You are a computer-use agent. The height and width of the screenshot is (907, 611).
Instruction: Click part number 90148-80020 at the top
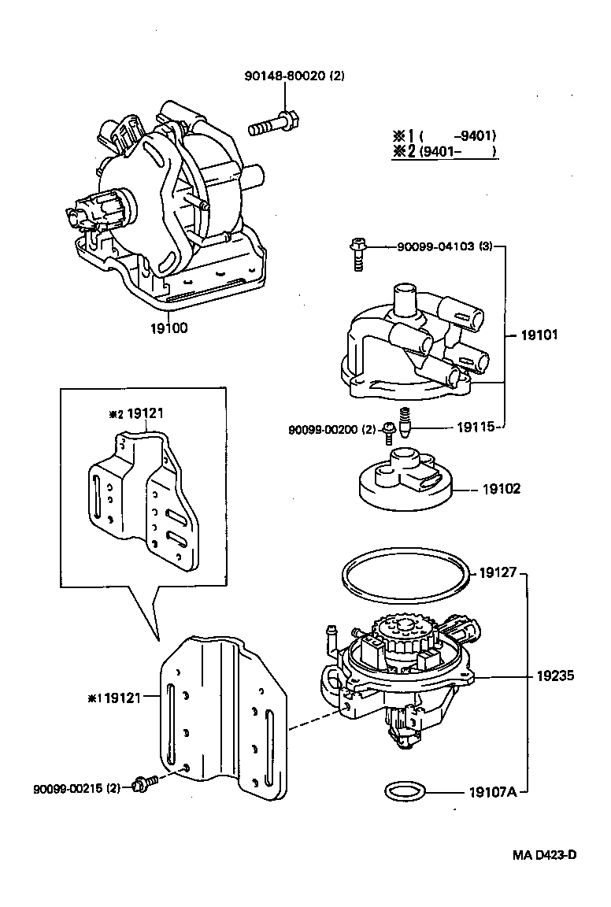[293, 76]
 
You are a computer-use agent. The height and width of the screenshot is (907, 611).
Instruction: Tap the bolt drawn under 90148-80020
[272, 124]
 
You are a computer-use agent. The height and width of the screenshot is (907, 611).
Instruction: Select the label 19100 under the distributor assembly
[169, 328]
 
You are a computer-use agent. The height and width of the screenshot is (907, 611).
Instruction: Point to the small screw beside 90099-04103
[357, 253]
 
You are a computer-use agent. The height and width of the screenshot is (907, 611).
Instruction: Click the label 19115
[476, 428]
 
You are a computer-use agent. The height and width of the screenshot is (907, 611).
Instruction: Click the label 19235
[556, 676]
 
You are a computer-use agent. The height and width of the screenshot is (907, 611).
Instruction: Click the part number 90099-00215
[77, 788]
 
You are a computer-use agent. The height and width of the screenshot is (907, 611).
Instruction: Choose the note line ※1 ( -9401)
[444, 135]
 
